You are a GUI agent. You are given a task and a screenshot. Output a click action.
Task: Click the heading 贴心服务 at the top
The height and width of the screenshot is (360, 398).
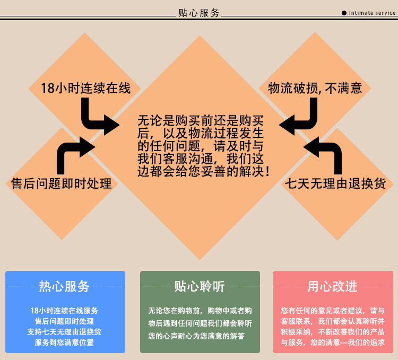pyautogui.click(x=198, y=13)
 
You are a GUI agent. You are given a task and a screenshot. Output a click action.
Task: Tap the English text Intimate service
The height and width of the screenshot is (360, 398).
pyautogui.click(x=373, y=13)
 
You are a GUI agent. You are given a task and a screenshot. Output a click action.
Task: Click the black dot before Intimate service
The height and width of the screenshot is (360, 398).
pyautogui.click(x=344, y=13)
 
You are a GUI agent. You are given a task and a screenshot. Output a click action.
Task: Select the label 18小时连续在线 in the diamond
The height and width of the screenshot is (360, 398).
pyautogui.click(x=85, y=88)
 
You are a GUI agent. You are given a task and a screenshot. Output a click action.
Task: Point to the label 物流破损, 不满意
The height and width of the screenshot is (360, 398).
pyautogui.click(x=315, y=88)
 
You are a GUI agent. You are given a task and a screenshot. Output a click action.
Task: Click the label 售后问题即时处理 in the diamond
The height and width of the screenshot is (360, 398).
pyautogui.click(x=62, y=184)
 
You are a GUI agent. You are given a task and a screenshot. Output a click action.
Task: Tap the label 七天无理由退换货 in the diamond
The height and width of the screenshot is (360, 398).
pyautogui.click(x=339, y=184)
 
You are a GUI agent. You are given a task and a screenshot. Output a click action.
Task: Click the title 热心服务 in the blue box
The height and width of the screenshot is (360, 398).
pyautogui.click(x=65, y=287)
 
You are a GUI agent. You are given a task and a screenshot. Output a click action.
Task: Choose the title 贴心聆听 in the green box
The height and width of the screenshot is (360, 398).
pyautogui.click(x=200, y=287)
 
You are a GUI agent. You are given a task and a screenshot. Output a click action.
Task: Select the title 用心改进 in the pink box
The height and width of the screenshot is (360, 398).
pyautogui.click(x=332, y=287)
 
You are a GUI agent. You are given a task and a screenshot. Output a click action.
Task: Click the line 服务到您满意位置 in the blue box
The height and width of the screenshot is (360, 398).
pyautogui.click(x=64, y=343)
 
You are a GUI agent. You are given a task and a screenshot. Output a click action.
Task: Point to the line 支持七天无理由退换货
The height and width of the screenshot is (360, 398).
pyautogui.click(x=64, y=332)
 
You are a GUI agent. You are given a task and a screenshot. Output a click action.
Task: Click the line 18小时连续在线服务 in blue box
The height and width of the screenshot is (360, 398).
pyautogui.click(x=64, y=311)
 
